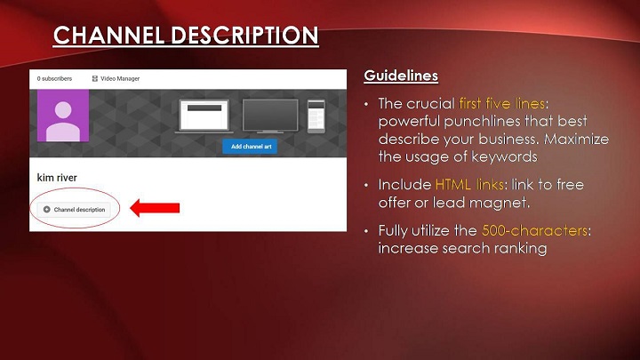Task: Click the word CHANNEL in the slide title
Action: click(109, 35)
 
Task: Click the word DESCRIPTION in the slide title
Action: click(245, 35)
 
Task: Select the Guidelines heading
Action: click(401, 76)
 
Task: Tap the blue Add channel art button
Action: click(250, 147)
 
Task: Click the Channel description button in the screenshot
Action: click(74, 210)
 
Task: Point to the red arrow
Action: click(155, 208)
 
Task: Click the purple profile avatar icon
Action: click(63, 116)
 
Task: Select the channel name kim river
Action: click(57, 178)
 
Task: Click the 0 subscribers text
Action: click(54, 78)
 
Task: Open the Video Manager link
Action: click(116, 78)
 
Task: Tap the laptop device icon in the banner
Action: click(204, 116)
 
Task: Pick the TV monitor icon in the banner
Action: click(270, 116)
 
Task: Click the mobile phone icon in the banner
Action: click(316, 116)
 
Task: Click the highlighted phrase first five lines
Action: click(502, 103)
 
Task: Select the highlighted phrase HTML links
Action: click(469, 185)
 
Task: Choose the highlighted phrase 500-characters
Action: click(535, 230)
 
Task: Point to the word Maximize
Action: click(576, 140)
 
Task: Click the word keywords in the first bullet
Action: click(504, 157)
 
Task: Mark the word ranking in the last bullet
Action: click(519, 249)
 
